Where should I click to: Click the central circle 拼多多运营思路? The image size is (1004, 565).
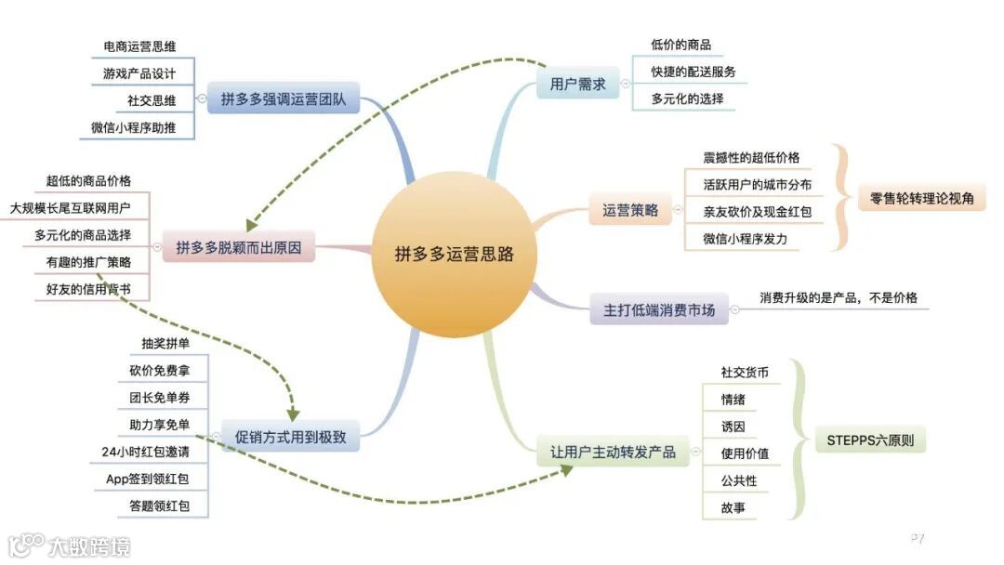click(454, 253)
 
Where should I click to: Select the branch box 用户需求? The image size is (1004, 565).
click(577, 85)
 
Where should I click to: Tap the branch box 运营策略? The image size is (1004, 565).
click(630, 210)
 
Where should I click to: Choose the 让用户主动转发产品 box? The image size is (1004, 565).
click(613, 453)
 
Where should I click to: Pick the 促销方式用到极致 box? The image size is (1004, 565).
click(291, 435)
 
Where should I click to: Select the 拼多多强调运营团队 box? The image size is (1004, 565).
click(283, 99)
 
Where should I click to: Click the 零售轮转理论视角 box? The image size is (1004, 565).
click(921, 198)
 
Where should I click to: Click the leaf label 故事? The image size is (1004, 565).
click(733, 507)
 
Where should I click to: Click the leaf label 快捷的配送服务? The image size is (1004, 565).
click(694, 72)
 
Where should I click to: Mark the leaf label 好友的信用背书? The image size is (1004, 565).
click(88, 289)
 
